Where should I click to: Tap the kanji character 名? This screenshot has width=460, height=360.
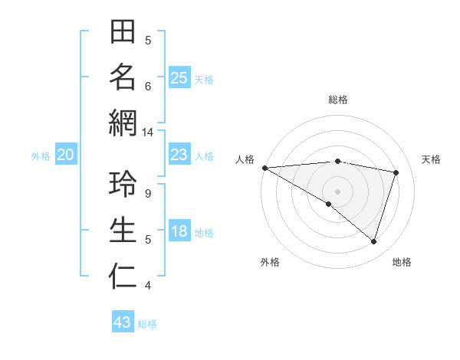pyautogui.click(x=123, y=77)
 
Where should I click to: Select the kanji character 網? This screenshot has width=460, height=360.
pyautogui.click(x=123, y=123)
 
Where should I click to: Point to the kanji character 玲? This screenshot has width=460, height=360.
pyautogui.click(x=123, y=185)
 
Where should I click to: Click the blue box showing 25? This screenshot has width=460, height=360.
pyautogui.click(x=179, y=78)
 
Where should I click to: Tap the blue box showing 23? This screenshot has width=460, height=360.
pyautogui.click(x=179, y=155)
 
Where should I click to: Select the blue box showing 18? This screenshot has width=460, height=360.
pyautogui.click(x=179, y=232)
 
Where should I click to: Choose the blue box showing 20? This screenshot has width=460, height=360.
pyautogui.click(x=65, y=155)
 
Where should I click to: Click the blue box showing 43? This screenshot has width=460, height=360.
pyautogui.click(x=123, y=322)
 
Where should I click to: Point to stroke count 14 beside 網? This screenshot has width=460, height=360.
pyautogui.click(x=148, y=133)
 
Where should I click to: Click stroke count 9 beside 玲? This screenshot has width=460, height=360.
pyautogui.click(x=148, y=194)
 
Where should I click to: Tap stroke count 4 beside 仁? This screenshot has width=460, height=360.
pyautogui.click(x=148, y=286)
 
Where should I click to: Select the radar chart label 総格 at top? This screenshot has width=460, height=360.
pyautogui.click(x=337, y=100)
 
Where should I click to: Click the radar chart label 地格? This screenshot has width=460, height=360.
pyautogui.click(x=402, y=262)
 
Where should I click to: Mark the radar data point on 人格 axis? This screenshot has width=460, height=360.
pyautogui.click(x=264, y=168)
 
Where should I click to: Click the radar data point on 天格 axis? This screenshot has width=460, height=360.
pyautogui.click(x=396, y=172)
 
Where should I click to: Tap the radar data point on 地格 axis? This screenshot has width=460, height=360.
pyautogui.click(x=373, y=241)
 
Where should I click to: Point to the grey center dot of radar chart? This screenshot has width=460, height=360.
pyautogui.click(x=337, y=191)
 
